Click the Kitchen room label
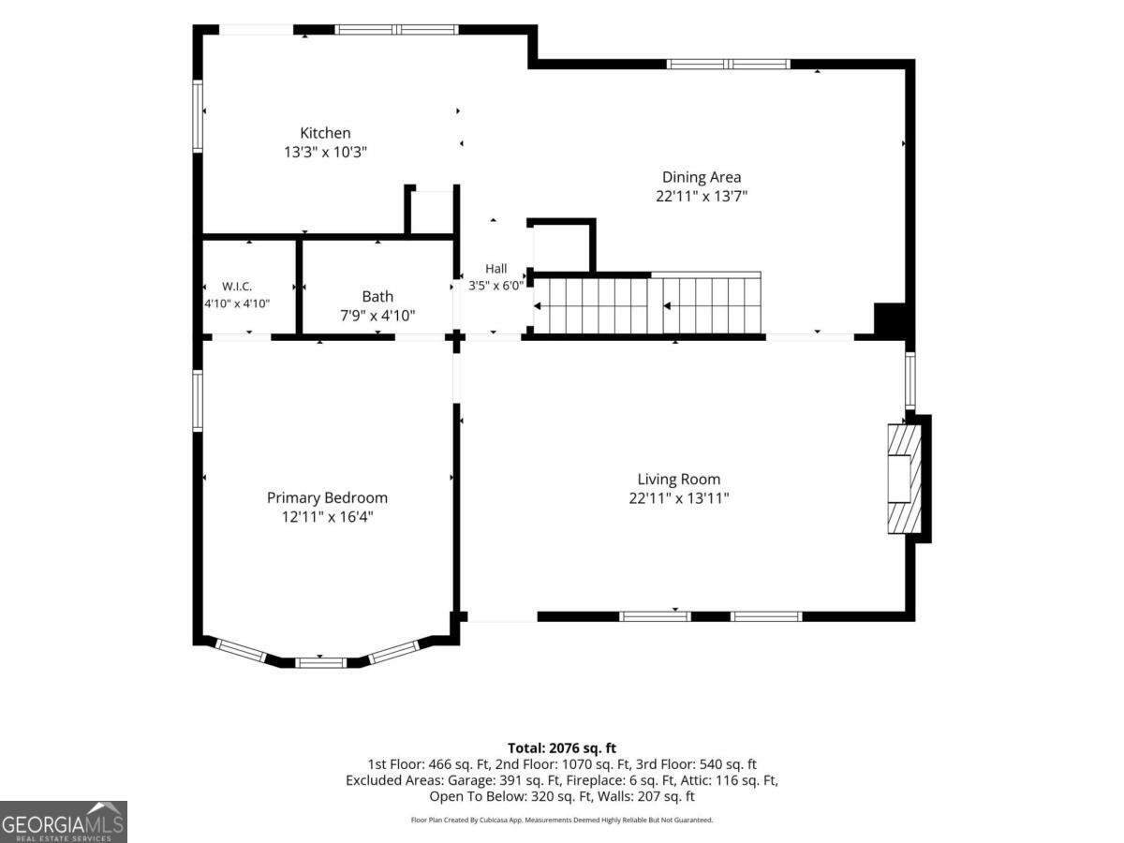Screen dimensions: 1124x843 pyautogui.click(x=325, y=133)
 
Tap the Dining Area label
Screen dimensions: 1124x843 pyautogui.click(x=701, y=177)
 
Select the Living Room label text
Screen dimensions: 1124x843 pyautogui.click(x=678, y=479)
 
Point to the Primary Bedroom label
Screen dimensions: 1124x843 pyautogui.click(x=327, y=498)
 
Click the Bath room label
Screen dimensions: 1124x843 pyautogui.click(x=377, y=296)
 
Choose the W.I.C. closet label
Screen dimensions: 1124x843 pyautogui.click(x=237, y=286)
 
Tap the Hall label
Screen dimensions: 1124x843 pyautogui.click(x=496, y=269)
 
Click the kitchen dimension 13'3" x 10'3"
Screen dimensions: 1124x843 pyautogui.click(x=326, y=152)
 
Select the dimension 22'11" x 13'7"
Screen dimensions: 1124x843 pyautogui.click(x=702, y=196)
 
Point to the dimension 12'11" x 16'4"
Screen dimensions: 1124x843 pyautogui.click(x=327, y=517)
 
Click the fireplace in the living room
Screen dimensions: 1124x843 pyautogui.click(x=904, y=479)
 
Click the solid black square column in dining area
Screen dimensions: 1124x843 pyautogui.click(x=890, y=319)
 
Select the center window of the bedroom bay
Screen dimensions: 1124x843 pyautogui.click(x=321, y=663)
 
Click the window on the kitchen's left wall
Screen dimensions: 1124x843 pyautogui.click(x=198, y=116)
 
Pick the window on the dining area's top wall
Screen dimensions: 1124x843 pyautogui.click(x=728, y=65)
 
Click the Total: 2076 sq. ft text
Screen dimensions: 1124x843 pyautogui.click(x=562, y=748)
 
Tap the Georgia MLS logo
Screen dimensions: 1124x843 pyautogui.click(x=64, y=822)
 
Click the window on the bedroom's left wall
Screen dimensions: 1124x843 pyautogui.click(x=198, y=401)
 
